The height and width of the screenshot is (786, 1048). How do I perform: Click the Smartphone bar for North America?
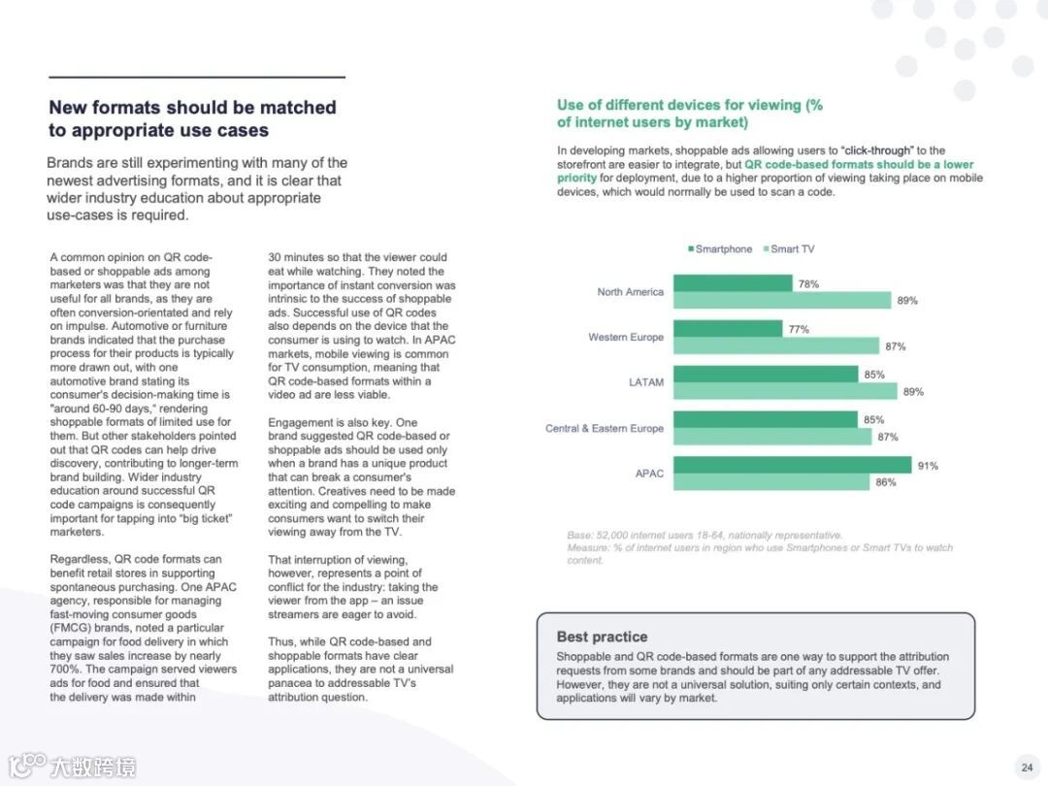click(x=733, y=283)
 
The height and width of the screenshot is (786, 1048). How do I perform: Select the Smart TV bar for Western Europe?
click(x=776, y=345)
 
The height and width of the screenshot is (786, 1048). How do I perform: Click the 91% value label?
click(x=928, y=466)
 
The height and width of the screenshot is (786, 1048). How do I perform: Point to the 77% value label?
click(x=799, y=329)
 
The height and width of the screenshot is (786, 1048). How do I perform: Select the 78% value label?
click(x=808, y=284)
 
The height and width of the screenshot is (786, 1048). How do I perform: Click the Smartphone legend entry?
click(x=720, y=249)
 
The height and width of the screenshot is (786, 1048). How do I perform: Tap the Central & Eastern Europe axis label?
click(x=605, y=428)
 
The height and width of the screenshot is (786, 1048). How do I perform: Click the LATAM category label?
click(x=646, y=382)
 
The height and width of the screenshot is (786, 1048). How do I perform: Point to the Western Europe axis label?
click(x=626, y=337)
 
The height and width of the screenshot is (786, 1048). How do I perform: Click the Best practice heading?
click(x=602, y=637)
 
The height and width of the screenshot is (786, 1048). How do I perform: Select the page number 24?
click(x=1027, y=768)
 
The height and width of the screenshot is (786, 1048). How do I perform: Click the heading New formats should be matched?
click(x=192, y=108)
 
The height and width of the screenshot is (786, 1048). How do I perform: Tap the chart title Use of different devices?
click(x=689, y=105)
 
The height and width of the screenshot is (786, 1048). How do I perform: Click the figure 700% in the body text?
click(x=68, y=670)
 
